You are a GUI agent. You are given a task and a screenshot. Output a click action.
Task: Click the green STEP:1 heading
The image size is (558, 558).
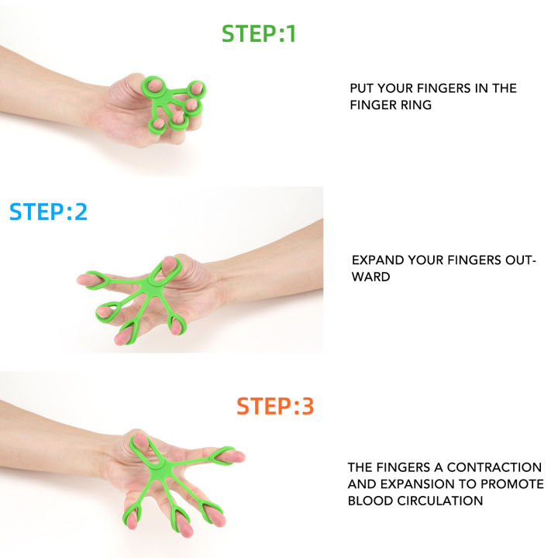point(259,34)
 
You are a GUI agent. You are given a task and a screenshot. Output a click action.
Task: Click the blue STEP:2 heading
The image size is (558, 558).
point(48,212)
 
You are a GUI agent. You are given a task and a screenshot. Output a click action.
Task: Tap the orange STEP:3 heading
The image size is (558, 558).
point(275,406)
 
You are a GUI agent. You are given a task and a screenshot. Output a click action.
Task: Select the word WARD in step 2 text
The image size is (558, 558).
point(370,277)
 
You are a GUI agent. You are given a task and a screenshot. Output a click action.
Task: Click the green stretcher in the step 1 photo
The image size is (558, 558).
point(172,101)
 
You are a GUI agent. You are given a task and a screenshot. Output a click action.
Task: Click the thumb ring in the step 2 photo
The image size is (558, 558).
point(164,267)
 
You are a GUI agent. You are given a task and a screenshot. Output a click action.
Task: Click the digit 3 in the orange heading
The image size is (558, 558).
point(307,406)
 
